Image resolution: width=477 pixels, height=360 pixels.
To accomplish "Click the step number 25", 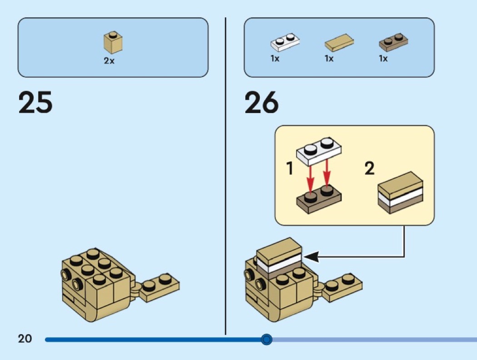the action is [35, 102].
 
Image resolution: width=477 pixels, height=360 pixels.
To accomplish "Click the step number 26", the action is [261, 102].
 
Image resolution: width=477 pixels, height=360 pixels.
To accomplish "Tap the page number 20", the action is [25, 339].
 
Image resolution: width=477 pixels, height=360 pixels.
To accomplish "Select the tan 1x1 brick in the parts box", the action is [113, 42].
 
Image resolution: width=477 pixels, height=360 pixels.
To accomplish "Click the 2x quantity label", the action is [109, 61].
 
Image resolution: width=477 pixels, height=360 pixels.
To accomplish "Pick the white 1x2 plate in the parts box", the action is [285, 42].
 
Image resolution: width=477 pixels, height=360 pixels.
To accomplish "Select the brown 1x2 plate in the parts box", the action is [393, 42].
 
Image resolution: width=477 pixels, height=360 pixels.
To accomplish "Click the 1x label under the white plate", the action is [275, 59].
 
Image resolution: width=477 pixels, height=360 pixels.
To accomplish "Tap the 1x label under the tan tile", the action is [329, 59].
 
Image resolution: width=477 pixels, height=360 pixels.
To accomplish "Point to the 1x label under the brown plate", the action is [383, 59].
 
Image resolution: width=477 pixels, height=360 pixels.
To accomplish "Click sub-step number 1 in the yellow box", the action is [290, 168].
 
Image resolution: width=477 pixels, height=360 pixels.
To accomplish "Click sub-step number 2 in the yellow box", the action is [370, 168].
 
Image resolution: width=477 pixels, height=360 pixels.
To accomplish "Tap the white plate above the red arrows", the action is [319, 151].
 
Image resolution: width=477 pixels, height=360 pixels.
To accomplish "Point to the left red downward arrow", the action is [310, 180].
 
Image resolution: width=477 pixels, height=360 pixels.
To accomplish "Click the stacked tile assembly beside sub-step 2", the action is [400, 193].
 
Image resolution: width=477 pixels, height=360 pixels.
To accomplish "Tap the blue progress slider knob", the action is [267, 339].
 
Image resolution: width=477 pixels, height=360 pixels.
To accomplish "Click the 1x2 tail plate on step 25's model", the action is [159, 288].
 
